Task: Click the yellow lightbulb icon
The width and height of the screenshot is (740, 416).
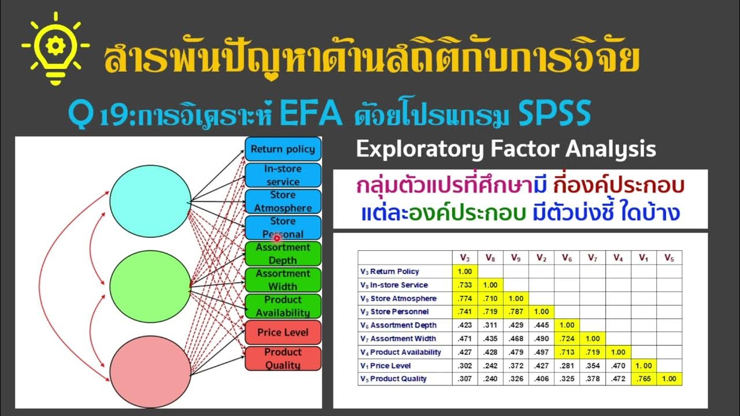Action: point(55,49)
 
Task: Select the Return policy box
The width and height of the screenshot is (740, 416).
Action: point(283,149)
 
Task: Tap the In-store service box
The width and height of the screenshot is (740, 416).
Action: point(283,175)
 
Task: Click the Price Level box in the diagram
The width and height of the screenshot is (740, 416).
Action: point(283,333)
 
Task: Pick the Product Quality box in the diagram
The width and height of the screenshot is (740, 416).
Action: point(283,358)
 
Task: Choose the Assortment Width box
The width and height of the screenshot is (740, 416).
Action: point(283,280)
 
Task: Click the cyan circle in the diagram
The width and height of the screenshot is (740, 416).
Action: point(149,200)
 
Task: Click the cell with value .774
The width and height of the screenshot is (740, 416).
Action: point(464,298)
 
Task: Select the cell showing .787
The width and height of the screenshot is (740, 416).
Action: point(516,311)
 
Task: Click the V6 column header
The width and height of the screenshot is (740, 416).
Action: point(567,258)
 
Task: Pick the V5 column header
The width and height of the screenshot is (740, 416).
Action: point(669,258)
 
